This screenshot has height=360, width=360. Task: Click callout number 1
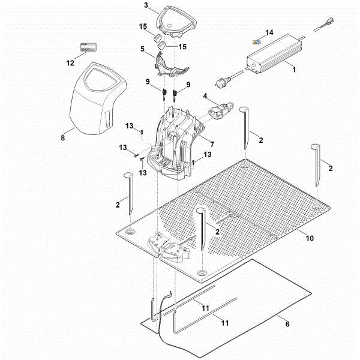tap(293, 71)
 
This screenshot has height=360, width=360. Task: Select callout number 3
tap(146, 5)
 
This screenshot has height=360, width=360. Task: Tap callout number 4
tap(205, 96)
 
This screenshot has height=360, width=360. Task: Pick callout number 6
tap(287, 325)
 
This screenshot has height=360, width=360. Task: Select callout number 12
tap(71, 62)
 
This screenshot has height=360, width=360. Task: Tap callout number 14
tap(269, 32)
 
